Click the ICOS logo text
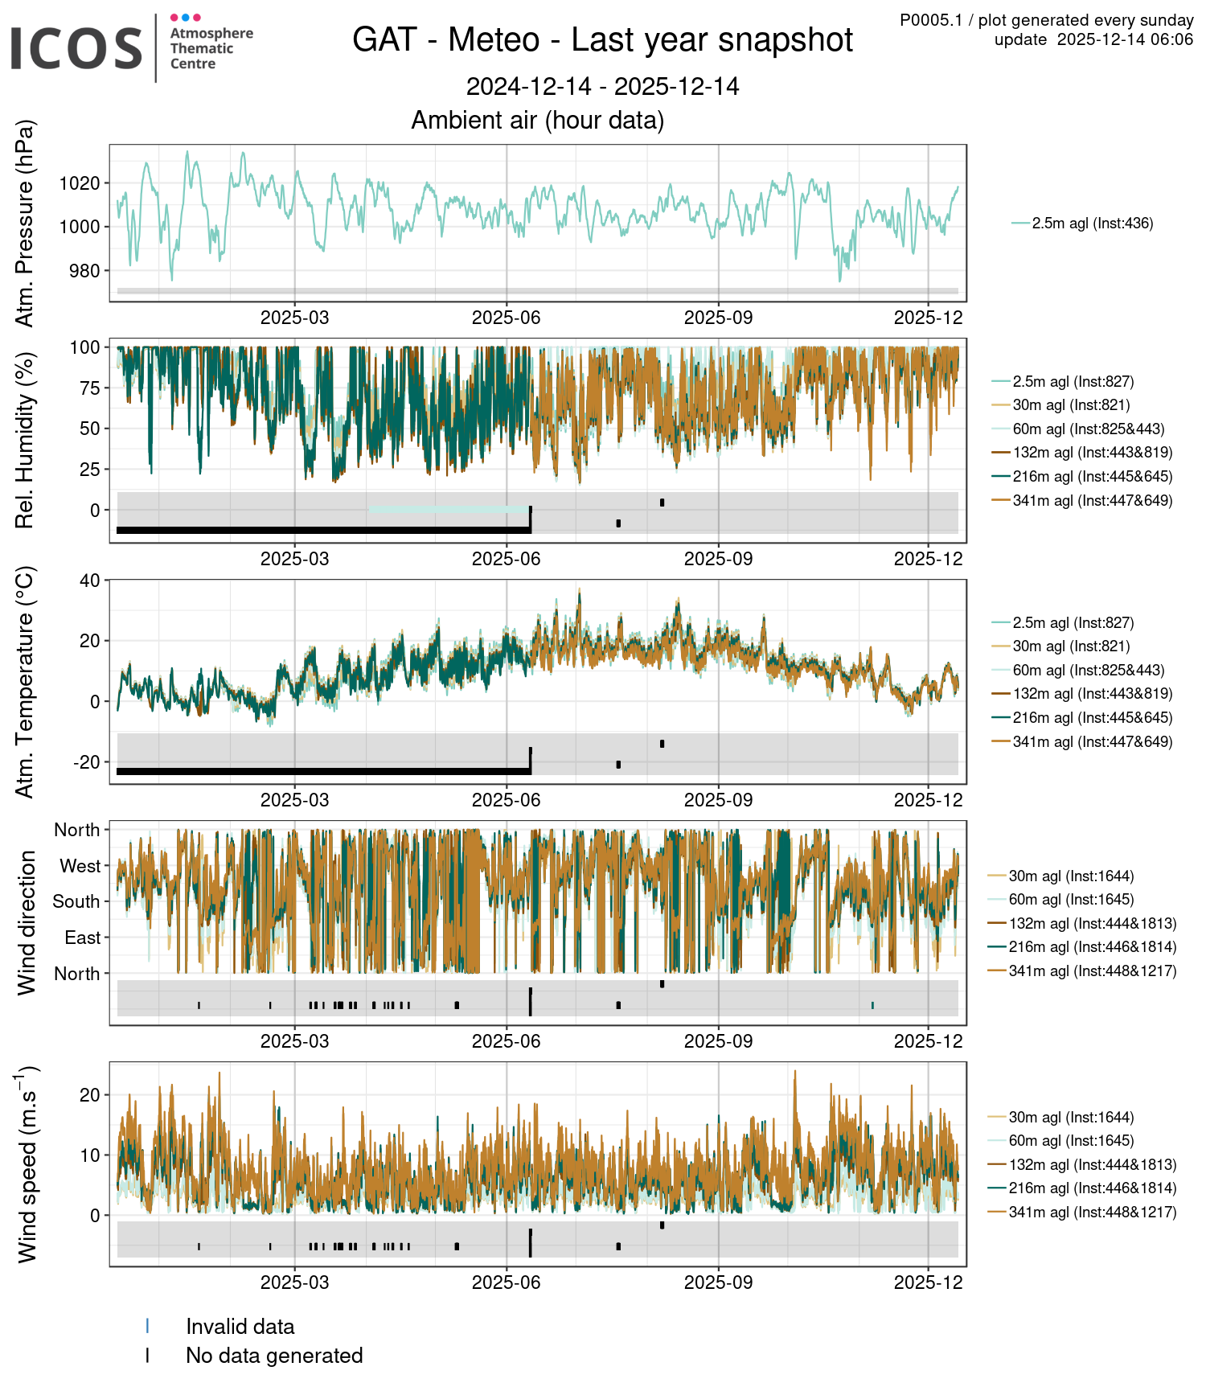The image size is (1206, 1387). point(76,48)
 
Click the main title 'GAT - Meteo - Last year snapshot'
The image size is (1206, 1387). point(602,40)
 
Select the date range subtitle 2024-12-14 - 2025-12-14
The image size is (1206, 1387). point(602,87)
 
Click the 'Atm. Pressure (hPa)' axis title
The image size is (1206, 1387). point(26,224)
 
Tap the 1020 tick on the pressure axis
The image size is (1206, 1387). point(80,183)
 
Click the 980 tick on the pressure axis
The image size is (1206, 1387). point(84,271)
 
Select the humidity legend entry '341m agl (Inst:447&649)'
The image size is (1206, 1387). point(1092,501)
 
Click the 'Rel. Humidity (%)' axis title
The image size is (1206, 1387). point(26,441)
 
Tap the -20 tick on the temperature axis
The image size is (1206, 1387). point(86,762)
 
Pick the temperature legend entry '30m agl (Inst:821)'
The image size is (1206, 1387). point(1071,646)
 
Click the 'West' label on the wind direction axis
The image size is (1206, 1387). point(80,866)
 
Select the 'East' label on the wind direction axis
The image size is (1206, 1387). point(83,938)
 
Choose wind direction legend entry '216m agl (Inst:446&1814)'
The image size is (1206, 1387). point(1092,947)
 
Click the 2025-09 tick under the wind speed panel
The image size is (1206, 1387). point(718,1282)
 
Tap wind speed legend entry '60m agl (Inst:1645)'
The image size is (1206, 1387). point(1071,1141)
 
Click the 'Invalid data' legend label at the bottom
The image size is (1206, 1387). point(240,1327)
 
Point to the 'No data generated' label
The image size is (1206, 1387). point(274,1356)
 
